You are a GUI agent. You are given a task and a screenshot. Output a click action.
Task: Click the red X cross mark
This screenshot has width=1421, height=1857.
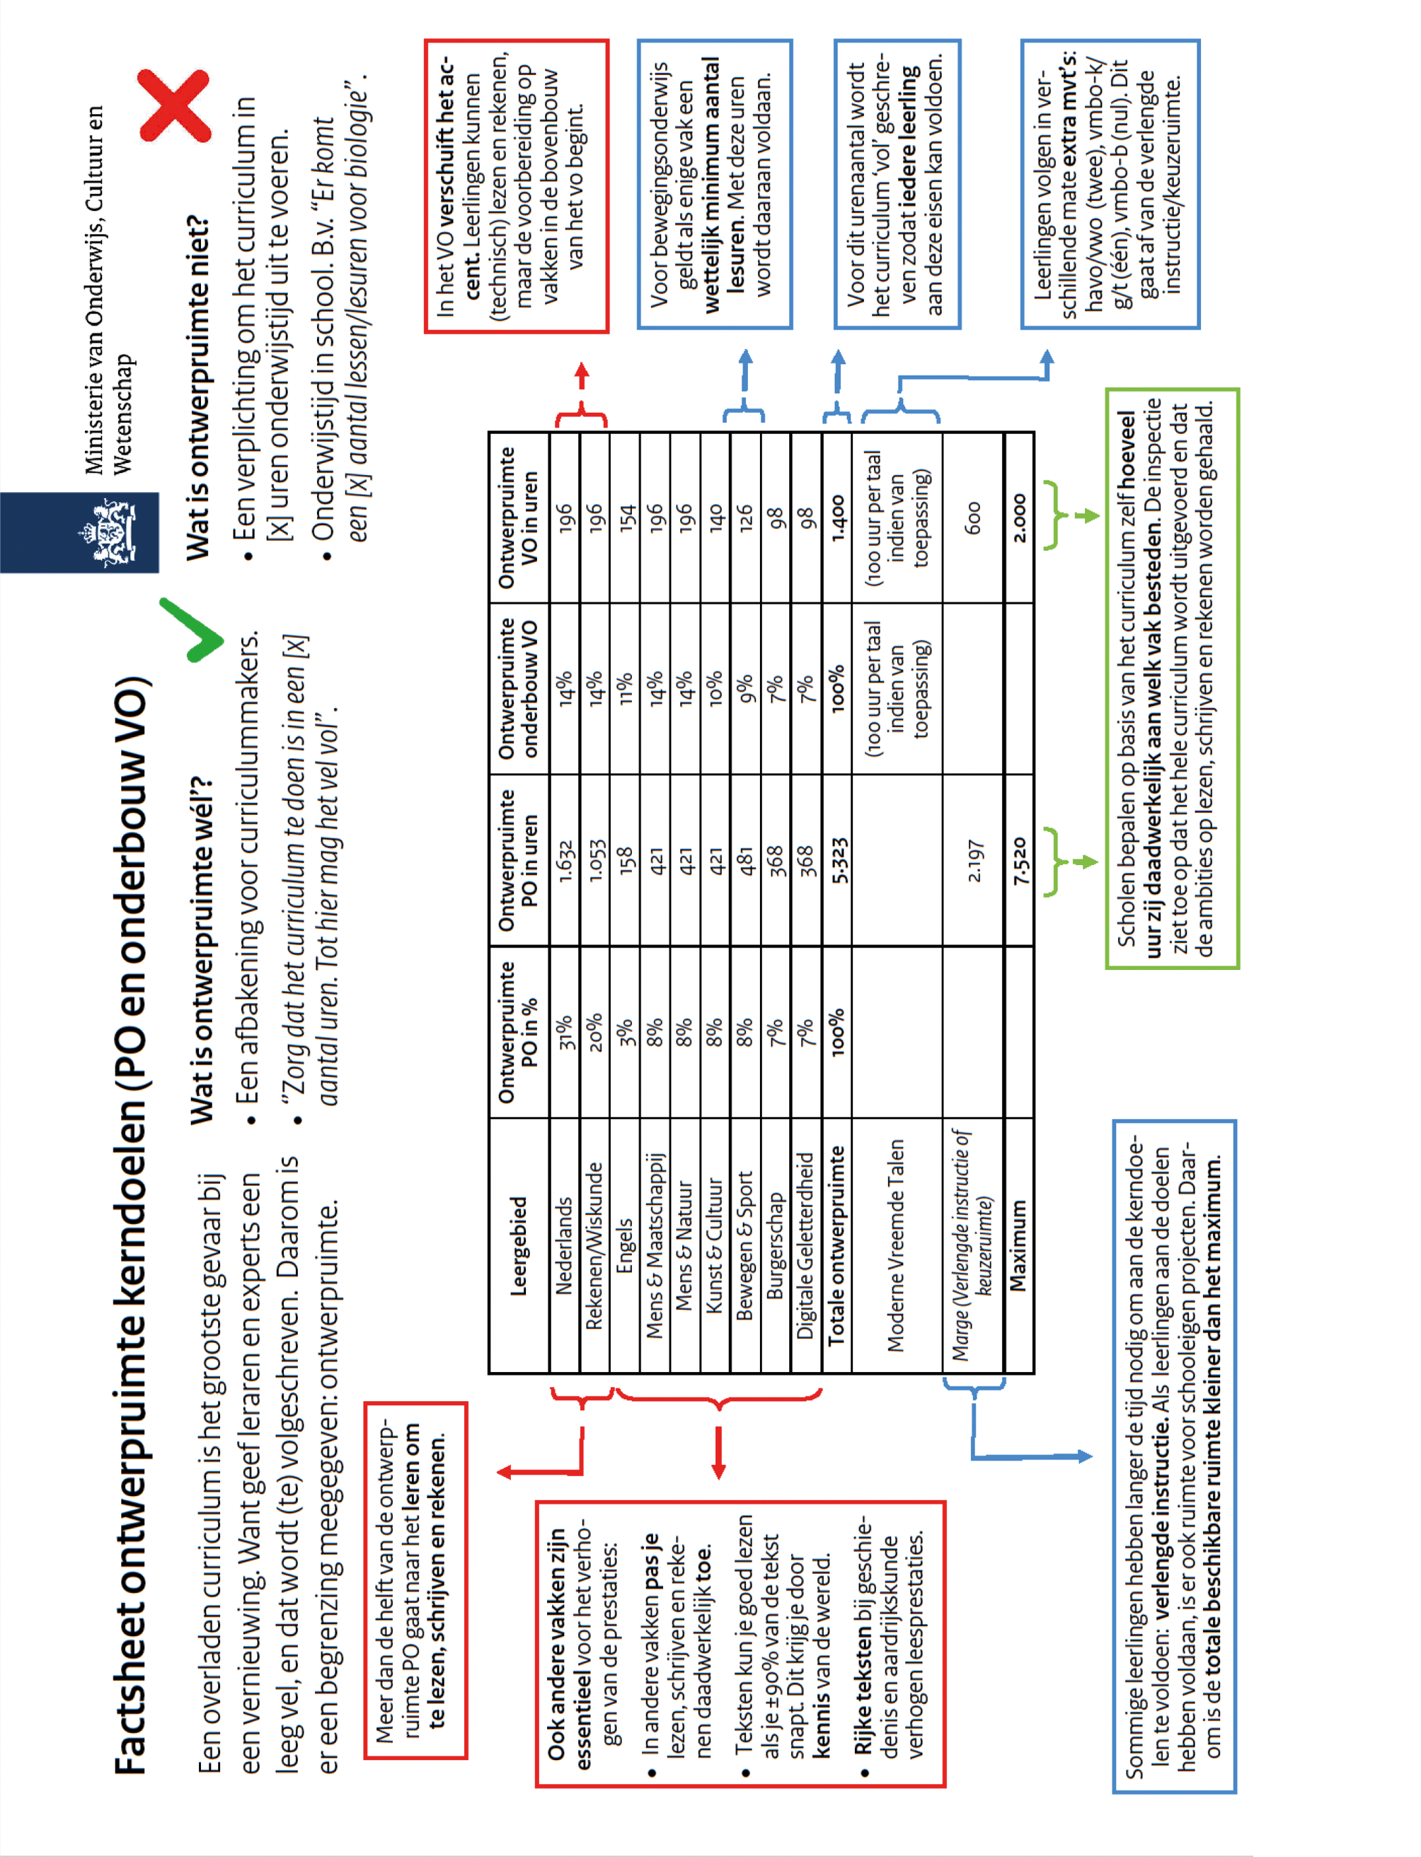175,105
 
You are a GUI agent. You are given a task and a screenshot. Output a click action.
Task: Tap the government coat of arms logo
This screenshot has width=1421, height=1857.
105,533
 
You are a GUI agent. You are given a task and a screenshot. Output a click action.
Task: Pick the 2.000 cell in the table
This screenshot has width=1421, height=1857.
1019,517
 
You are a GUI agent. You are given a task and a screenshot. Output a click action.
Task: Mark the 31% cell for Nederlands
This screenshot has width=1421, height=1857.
564,1032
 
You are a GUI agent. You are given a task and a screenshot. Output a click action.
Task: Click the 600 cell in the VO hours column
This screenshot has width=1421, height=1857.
974,517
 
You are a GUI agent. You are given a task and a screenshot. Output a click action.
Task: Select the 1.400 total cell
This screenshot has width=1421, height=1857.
836,517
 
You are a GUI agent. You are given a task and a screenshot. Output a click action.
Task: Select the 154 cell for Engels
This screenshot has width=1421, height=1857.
625,517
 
